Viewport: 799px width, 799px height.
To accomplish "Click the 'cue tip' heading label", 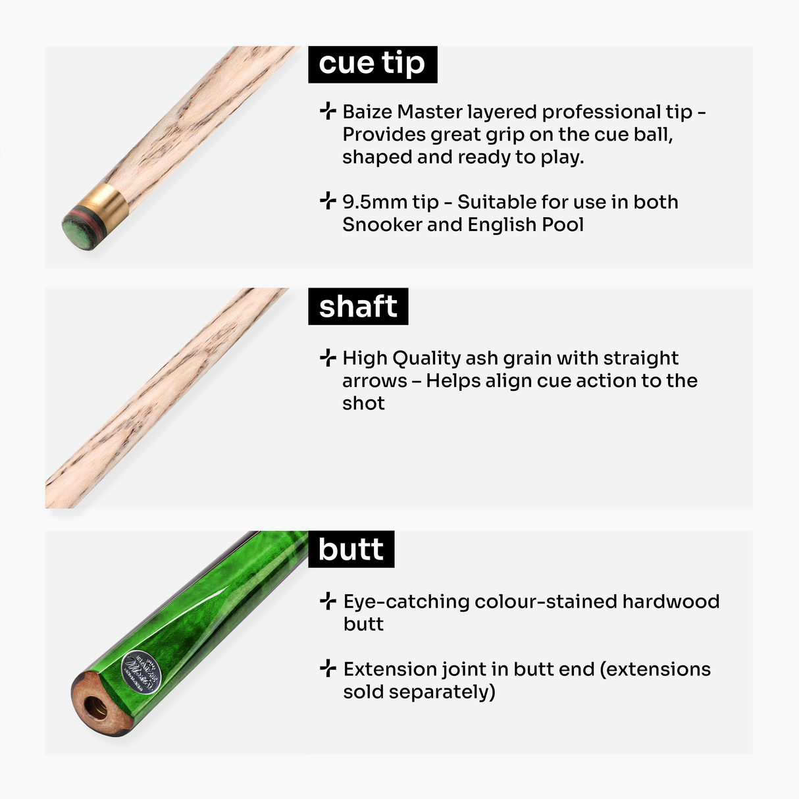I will click(372, 64).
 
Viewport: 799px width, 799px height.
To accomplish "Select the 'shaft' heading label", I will click(358, 307).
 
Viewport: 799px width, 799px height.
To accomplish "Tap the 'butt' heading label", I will click(351, 550).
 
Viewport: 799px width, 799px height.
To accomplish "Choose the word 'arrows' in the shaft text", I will click(374, 381).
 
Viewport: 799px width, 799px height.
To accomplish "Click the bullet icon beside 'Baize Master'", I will click(328, 111).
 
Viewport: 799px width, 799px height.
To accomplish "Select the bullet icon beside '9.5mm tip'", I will click(328, 201).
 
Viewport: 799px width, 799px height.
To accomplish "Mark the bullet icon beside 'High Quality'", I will click(328, 357).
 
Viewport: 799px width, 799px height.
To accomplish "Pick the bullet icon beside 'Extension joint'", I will click(328, 669).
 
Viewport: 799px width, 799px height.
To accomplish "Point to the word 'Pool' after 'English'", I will click(563, 225).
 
